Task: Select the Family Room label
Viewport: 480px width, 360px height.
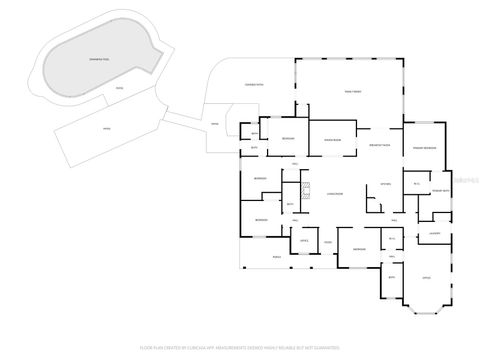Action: tap(353, 91)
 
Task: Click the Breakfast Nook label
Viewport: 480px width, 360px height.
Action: tap(379, 144)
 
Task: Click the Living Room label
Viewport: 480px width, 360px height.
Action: tap(335, 193)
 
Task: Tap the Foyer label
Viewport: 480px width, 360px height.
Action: tap(327, 241)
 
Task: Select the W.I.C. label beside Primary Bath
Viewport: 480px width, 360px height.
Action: tap(416, 184)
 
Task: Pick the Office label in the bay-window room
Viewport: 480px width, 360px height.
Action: tap(426, 276)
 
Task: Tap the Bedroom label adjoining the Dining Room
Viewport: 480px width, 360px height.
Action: tap(288, 139)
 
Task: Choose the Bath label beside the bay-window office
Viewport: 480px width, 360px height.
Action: tap(392, 276)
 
